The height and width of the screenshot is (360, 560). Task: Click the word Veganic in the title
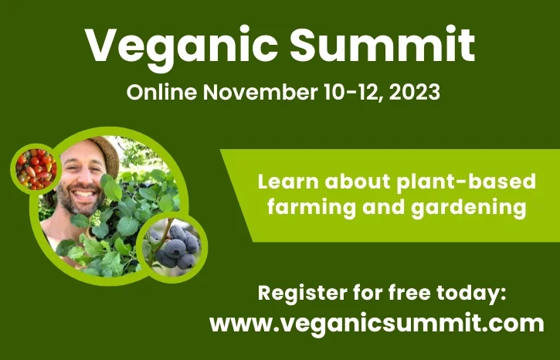tap(181, 46)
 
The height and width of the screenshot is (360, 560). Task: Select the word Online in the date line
tap(161, 92)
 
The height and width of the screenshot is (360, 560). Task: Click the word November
tap(260, 92)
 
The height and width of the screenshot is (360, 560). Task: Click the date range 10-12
tap(352, 93)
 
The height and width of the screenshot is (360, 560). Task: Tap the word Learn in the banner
tap(288, 182)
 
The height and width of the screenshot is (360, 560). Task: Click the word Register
tap(303, 294)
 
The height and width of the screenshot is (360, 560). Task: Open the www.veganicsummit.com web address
tap(376, 324)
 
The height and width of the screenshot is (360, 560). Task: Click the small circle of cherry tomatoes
tap(36, 169)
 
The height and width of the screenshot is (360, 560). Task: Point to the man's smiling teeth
tap(83, 194)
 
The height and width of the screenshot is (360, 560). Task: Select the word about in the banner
tap(358, 182)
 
